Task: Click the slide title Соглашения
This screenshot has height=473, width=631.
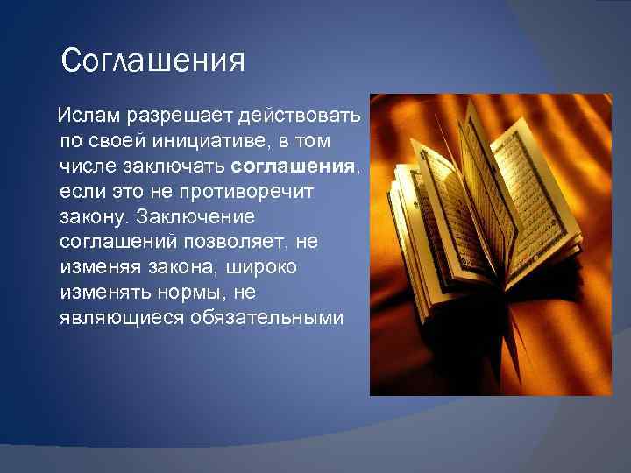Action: point(153,61)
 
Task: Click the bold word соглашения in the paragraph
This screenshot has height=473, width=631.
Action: point(294,166)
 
